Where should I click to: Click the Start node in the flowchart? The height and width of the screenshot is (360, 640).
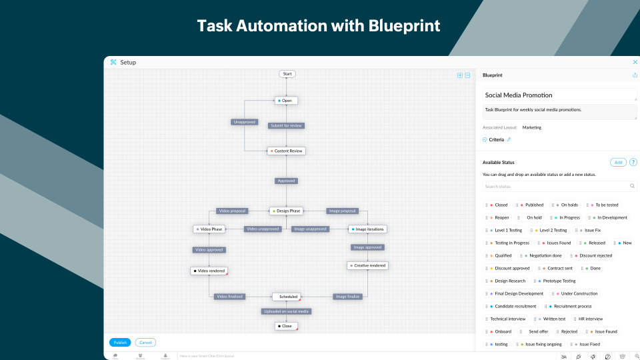pyautogui.click(x=287, y=74)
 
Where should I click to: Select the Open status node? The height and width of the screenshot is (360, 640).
pyautogui.click(x=286, y=101)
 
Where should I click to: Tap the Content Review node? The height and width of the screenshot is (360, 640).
pyautogui.click(x=286, y=151)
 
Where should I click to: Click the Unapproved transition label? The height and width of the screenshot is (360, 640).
pyautogui.click(x=244, y=122)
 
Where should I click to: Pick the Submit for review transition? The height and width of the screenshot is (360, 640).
pyautogui.click(x=286, y=125)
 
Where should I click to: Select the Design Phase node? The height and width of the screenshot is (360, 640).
pyautogui.click(x=286, y=211)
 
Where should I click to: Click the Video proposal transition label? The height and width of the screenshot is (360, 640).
pyautogui.click(x=231, y=211)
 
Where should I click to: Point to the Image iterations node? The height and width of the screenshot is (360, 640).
pyautogui.click(x=367, y=229)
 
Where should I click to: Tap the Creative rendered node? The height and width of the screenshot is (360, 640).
pyautogui.click(x=367, y=265)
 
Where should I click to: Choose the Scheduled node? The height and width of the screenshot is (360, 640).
pyautogui.click(x=287, y=297)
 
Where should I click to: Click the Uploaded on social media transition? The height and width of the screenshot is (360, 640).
pyautogui.click(x=286, y=311)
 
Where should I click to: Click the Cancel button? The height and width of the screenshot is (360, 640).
pyautogui.click(x=145, y=343)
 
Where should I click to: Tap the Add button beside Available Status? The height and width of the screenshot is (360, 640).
pyautogui.click(x=618, y=162)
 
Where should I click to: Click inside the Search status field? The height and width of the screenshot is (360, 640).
pyautogui.click(x=557, y=187)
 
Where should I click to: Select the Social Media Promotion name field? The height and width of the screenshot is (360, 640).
pyautogui.click(x=559, y=95)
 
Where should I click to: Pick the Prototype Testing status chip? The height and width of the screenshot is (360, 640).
pyautogui.click(x=557, y=281)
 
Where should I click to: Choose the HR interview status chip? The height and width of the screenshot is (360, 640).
pyautogui.click(x=589, y=319)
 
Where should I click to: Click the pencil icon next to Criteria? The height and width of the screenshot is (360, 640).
pyautogui.click(x=509, y=139)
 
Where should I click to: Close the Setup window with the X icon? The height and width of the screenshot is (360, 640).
pyautogui.click(x=634, y=62)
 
